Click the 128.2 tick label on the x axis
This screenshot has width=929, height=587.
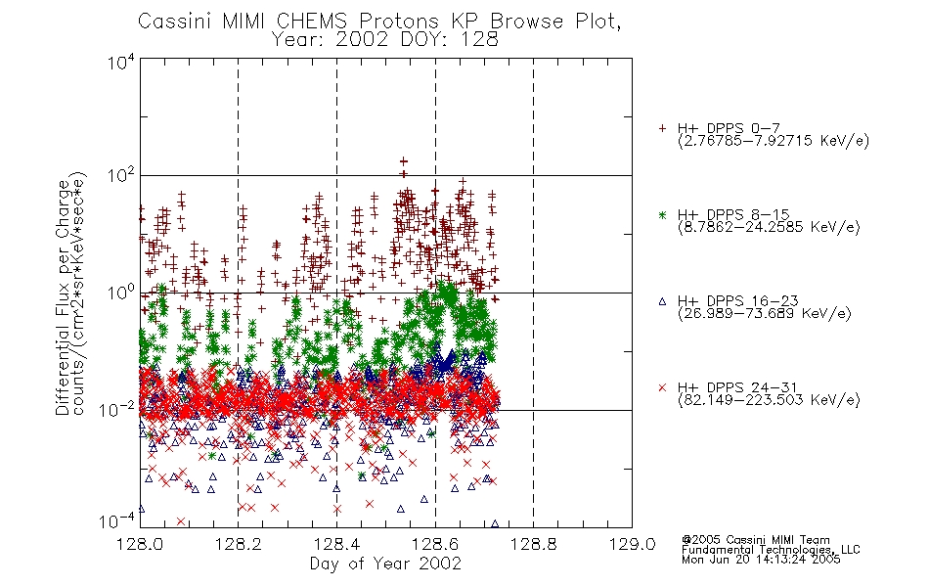[239, 545]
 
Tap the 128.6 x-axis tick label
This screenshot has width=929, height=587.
[435, 545]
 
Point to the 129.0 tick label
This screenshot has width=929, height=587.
[632, 545]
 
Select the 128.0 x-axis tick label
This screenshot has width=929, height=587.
[140, 545]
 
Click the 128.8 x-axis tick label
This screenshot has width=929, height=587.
[534, 545]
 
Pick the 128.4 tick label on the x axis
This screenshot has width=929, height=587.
[336, 545]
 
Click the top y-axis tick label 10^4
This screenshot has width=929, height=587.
[121, 62]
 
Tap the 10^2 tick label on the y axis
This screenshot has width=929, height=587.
[121, 175]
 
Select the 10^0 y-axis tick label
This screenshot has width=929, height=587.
[121, 293]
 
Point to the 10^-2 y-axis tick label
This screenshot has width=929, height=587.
[118, 409]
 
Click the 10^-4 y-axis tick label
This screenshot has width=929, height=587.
[118, 521]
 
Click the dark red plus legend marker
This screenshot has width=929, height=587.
[662, 128]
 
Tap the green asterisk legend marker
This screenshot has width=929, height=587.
[662, 214]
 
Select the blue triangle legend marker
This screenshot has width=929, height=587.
[662, 301]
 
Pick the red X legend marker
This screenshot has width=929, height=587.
[662, 387]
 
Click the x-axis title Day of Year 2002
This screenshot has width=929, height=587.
[385, 564]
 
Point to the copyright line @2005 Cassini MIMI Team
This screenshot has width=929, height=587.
[756, 540]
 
